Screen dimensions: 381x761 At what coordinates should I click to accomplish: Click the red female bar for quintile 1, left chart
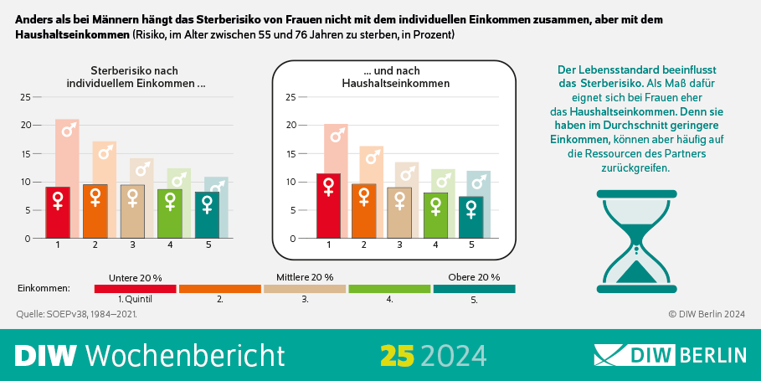click(x=58, y=213)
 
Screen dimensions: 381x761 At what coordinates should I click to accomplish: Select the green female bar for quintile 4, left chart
click(x=170, y=214)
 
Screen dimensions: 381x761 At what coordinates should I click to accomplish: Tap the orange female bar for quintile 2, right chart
click(x=364, y=211)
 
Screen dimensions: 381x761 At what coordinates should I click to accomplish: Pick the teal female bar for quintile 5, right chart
click(x=472, y=218)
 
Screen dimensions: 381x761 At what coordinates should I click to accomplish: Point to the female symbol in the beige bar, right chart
click(x=400, y=201)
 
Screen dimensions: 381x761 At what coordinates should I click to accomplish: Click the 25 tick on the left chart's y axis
click(x=25, y=97)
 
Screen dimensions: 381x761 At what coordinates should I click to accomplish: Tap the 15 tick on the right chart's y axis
click(x=291, y=154)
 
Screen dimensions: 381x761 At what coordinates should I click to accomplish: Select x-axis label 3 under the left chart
click(x=132, y=245)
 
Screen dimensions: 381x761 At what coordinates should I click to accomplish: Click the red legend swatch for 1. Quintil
click(x=136, y=288)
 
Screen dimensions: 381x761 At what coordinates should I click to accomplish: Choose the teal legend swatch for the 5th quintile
click(x=474, y=288)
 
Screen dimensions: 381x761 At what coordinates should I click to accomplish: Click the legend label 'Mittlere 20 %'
click(x=305, y=277)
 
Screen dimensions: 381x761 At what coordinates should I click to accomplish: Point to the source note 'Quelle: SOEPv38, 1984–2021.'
click(x=77, y=314)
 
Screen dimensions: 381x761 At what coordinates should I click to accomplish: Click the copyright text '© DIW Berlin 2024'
click(x=706, y=314)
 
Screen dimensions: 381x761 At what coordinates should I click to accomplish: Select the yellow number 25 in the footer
click(x=398, y=355)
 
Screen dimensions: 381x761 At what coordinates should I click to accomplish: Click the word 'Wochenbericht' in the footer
click(x=185, y=355)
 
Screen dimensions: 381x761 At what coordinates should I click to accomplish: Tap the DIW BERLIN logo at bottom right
click(x=670, y=355)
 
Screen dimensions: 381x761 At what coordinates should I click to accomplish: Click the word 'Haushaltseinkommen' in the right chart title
click(x=396, y=84)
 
